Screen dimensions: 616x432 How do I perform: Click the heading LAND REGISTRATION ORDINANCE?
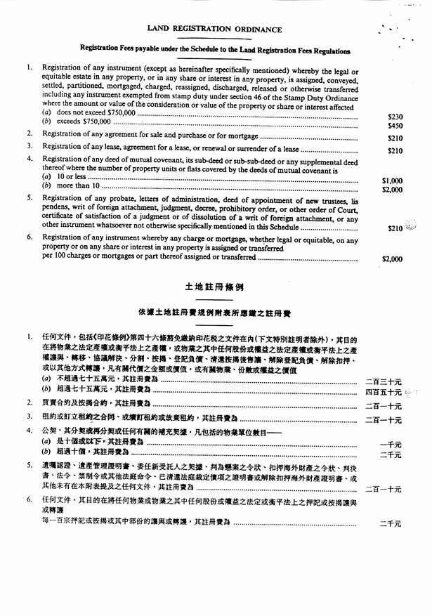pos(214,30)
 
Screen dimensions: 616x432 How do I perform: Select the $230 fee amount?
pos(395,116)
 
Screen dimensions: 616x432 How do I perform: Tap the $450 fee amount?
pos(395,126)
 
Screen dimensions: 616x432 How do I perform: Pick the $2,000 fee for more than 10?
pos(392,190)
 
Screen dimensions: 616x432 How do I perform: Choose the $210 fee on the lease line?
pos(395,150)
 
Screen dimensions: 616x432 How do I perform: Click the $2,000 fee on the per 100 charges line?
pos(392,259)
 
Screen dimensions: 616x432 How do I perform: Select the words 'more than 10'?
pos(77,187)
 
